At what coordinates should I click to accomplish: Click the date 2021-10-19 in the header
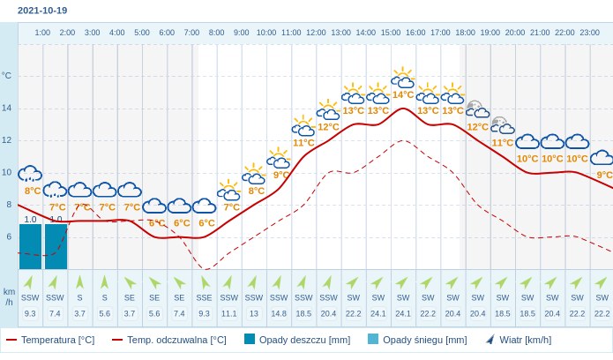[42, 11]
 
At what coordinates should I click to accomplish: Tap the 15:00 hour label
[391, 33]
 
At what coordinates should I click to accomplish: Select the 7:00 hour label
[191, 33]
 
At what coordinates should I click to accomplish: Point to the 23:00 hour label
[590, 33]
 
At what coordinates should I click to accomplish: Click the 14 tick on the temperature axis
[7, 108]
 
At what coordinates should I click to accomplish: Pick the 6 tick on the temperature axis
[9, 236]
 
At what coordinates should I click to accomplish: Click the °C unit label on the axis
[7, 76]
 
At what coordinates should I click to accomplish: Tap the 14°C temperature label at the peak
[403, 94]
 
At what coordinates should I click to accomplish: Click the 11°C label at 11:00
[303, 142]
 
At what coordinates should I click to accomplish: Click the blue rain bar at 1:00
[31, 246]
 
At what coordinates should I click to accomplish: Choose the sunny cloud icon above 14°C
[403, 79]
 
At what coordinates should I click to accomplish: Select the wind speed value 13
[254, 314]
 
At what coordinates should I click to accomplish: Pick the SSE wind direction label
[204, 297]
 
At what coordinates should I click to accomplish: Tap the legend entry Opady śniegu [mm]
[417, 340]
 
